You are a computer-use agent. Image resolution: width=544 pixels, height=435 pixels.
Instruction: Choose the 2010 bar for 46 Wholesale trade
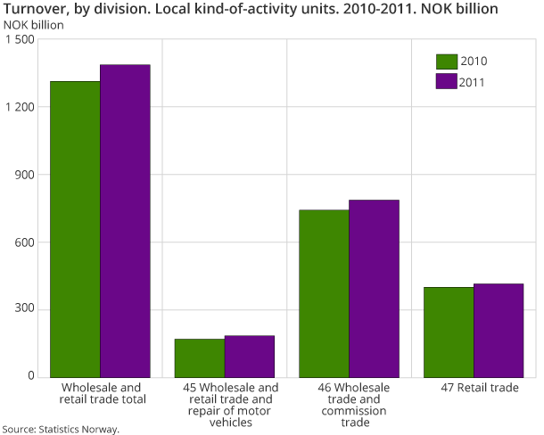tap(324, 293)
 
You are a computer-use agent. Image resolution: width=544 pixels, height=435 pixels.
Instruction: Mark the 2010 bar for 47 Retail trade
tap(448, 332)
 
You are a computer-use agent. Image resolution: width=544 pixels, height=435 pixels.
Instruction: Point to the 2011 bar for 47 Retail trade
tap(498, 330)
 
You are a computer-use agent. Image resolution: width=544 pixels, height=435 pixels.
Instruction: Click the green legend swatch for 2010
tap(446, 62)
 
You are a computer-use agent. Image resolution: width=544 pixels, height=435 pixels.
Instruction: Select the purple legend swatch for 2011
tap(446, 82)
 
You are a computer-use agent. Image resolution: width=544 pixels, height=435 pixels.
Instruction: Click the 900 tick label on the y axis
tap(25, 176)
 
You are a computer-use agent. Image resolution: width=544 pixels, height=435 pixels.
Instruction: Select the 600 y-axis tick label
tap(25, 242)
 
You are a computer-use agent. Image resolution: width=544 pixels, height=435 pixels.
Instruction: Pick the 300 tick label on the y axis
tap(25, 310)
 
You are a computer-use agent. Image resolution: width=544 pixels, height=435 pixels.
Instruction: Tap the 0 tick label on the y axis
tap(30, 377)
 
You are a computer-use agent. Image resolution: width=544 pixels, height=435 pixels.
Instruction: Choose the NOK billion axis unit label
tap(34, 24)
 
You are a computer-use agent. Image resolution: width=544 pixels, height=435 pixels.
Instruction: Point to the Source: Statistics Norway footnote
tap(61, 429)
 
